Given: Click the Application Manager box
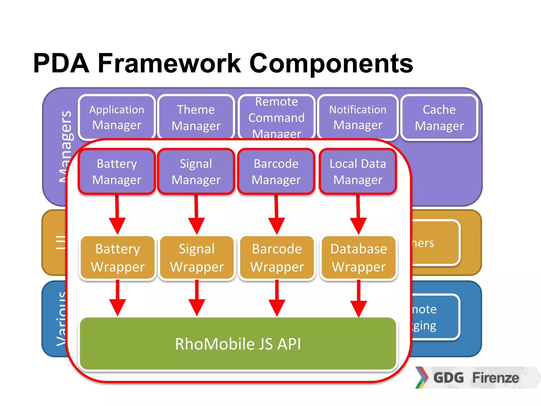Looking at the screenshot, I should point(117,117).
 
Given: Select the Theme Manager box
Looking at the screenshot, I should point(196,117).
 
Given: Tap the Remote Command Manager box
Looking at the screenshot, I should point(277,117).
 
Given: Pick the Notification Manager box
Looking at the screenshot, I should point(358,117).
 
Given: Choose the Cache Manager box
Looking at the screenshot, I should point(439,117).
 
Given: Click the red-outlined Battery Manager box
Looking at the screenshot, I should point(117,172).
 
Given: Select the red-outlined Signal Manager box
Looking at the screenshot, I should point(196,172).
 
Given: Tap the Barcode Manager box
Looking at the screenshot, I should point(276,172).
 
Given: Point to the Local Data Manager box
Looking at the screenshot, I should point(358,172).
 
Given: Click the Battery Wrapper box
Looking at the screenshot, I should point(118,258).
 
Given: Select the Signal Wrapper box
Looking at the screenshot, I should point(197,258).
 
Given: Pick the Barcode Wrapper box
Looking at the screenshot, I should point(277,258).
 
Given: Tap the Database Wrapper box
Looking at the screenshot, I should point(359,258).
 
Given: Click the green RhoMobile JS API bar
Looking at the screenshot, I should point(238,344).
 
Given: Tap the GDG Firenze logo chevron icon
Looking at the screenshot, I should point(422,377).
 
